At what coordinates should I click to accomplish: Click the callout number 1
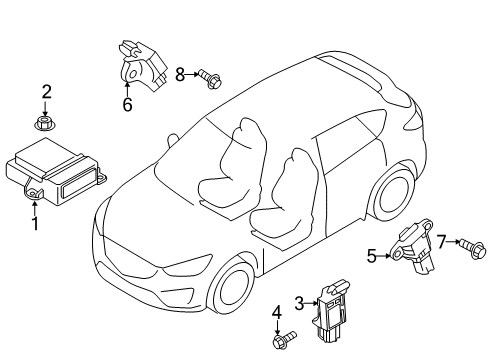coord(35,223)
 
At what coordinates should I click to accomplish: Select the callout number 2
coord(46,92)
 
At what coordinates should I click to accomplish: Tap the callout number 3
coord(299,303)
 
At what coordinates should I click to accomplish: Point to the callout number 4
coord(277,313)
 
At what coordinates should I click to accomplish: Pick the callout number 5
coord(372,256)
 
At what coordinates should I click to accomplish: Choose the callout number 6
coord(128,104)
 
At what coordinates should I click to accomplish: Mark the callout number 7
coord(441,241)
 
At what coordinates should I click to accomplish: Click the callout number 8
coord(180,74)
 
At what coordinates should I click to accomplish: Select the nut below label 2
coord(45,123)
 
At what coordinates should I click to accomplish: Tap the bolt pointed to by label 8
coord(210,79)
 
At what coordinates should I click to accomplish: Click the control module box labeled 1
coord(55,172)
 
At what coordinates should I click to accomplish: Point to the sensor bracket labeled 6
coord(141,66)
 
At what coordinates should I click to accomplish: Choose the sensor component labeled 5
coord(412,246)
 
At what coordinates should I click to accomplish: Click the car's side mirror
coord(172,139)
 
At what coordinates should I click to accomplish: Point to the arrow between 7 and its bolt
coord(453,242)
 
